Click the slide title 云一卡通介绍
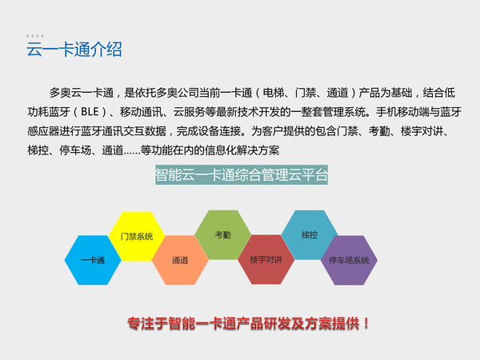coord(74,50)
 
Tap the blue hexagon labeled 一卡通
coord(93,261)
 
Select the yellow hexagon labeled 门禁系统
coord(136,236)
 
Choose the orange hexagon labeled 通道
coord(180,261)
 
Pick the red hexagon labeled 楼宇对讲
coord(266,260)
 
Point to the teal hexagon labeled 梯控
coord(310,235)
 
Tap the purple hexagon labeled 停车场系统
coord(349,261)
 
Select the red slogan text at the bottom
coord(249,324)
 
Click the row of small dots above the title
coord(35,36)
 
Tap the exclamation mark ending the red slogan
coord(366,324)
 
